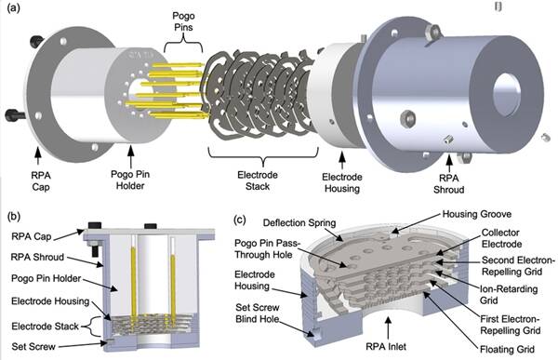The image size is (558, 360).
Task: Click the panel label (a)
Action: click(x=14, y=8)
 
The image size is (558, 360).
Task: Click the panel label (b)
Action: click(x=14, y=217)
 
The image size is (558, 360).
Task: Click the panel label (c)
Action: click(x=240, y=219)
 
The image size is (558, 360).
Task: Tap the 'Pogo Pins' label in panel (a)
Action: click(x=183, y=21)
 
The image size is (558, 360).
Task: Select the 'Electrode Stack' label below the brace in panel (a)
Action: click(x=258, y=180)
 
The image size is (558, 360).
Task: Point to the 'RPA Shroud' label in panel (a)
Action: click(x=449, y=184)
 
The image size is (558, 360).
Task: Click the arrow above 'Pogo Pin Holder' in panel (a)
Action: click(x=130, y=157)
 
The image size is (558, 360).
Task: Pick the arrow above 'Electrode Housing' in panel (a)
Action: click(x=342, y=161)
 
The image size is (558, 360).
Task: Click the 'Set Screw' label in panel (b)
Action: click(x=33, y=346)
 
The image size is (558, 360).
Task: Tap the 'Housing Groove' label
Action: click(x=476, y=214)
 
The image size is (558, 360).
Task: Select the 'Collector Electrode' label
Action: click(x=501, y=238)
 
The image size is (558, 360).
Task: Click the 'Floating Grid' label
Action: click(x=507, y=350)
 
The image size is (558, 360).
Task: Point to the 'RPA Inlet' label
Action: click(x=386, y=346)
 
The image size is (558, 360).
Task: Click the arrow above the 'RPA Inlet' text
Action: click(x=389, y=327)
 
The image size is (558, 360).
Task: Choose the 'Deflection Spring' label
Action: click(x=299, y=223)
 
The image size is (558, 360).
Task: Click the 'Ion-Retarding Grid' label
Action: click(x=509, y=295)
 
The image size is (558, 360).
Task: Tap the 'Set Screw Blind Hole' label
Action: click(x=258, y=313)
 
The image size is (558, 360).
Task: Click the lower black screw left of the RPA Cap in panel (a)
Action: click(x=15, y=115)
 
